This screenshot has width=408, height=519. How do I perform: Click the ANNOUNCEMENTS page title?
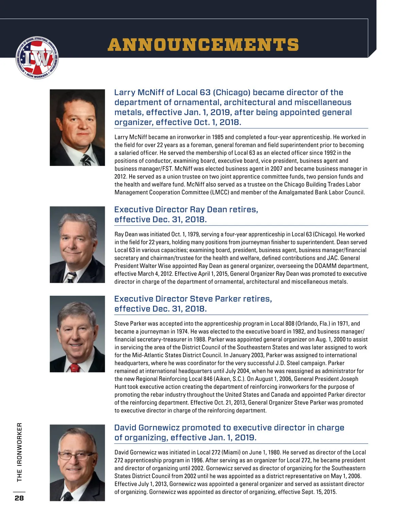[203, 45]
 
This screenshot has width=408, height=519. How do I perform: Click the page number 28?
[19, 498]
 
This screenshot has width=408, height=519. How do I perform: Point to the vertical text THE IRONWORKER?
[19, 452]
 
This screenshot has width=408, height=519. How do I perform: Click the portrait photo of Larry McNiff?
[77, 127]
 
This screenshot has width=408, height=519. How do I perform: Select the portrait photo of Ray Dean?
[77, 244]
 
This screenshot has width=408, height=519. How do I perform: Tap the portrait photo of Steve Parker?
[77, 334]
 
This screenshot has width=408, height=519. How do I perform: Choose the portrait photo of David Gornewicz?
[77, 463]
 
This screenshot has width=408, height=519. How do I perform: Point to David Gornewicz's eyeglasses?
[75, 455]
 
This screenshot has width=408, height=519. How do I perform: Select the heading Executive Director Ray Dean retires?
[186, 210]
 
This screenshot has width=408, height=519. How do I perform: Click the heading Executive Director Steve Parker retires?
[193, 299]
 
